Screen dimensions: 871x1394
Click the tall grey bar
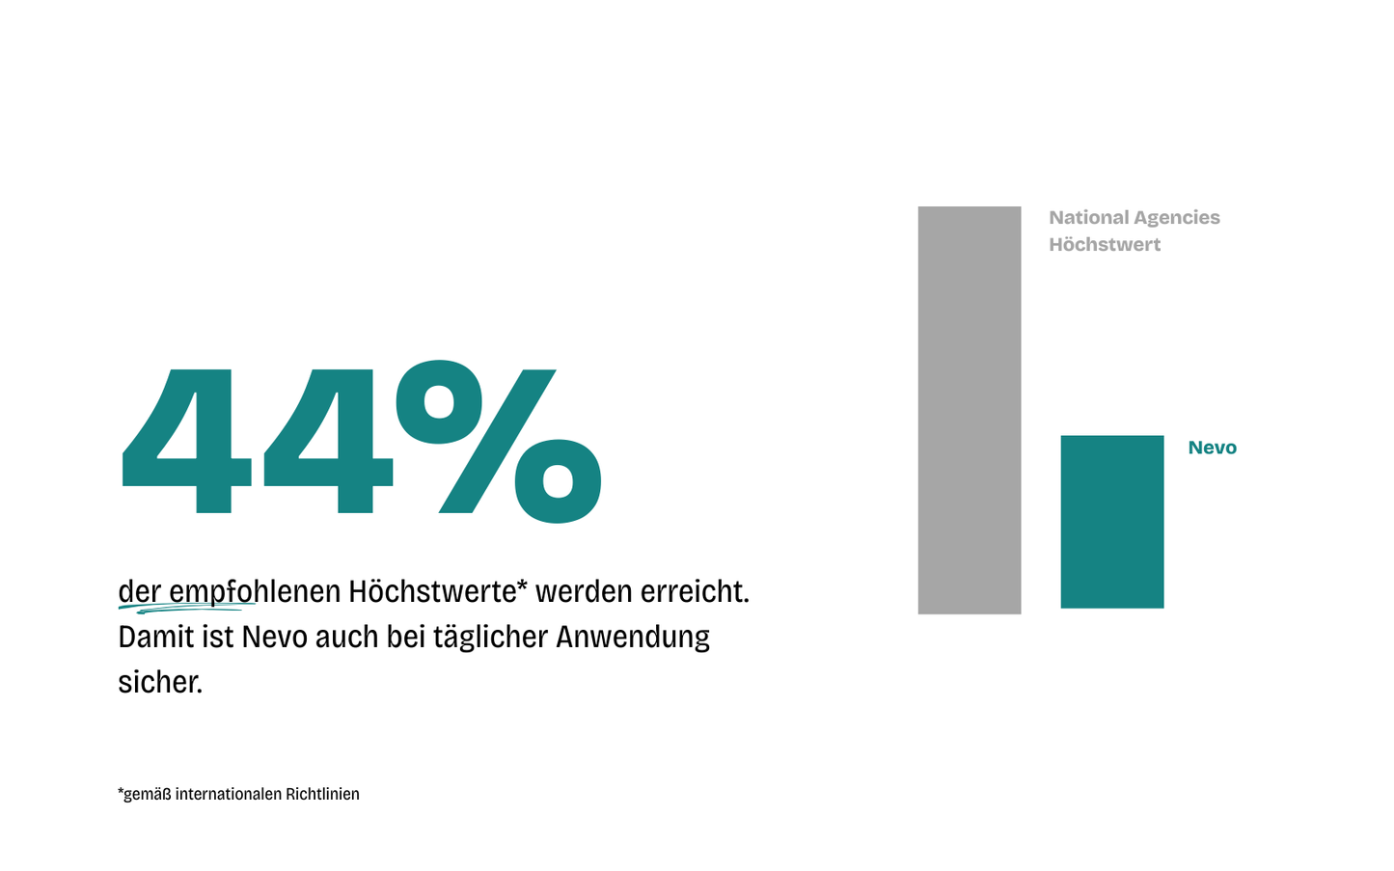pyautogui.click(x=969, y=410)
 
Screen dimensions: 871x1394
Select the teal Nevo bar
pyautogui.click(x=1111, y=521)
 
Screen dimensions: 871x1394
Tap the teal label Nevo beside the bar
pyautogui.click(x=1212, y=448)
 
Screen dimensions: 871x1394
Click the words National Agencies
pyautogui.click(x=1134, y=218)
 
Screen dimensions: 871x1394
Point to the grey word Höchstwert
pyautogui.click(x=1105, y=245)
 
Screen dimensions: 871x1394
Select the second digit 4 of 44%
pyautogui.click(x=328, y=441)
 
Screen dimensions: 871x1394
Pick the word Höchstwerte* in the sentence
pyautogui.click(x=438, y=591)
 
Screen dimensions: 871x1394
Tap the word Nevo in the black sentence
pyautogui.click(x=274, y=637)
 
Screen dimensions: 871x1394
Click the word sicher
pyautogui.click(x=160, y=683)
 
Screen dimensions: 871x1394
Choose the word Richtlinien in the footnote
pyautogui.click(x=322, y=794)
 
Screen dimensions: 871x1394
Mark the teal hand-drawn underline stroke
pyautogui.click(x=188, y=609)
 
